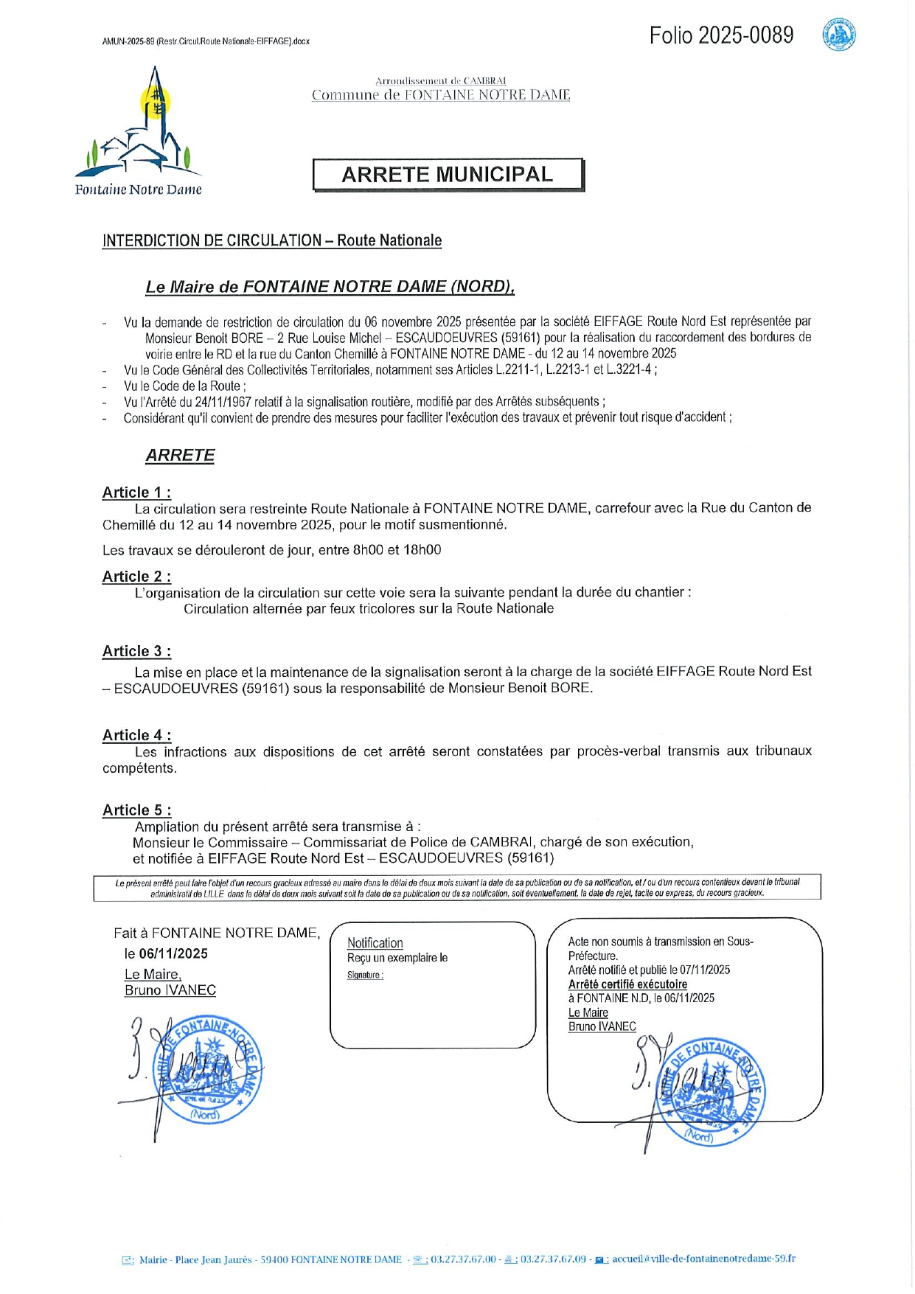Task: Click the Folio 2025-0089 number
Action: pos(721,35)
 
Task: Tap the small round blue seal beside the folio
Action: pos(839,35)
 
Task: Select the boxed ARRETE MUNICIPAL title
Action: pos(448,175)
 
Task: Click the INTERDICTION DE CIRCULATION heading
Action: pos(271,240)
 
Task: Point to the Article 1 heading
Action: pos(136,493)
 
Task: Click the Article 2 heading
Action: pos(136,577)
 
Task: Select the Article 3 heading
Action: pos(136,651)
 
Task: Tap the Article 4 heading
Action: pos(136,735)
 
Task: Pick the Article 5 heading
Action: pos(136,810)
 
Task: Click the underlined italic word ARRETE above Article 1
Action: pos(180,456)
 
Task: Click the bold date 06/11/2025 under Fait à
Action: pos(173,953)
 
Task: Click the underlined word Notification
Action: pos(375,943)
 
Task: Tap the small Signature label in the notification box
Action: pos(365,975)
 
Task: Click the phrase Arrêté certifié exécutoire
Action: pos(627,984)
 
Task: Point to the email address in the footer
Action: pos(703,1259)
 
